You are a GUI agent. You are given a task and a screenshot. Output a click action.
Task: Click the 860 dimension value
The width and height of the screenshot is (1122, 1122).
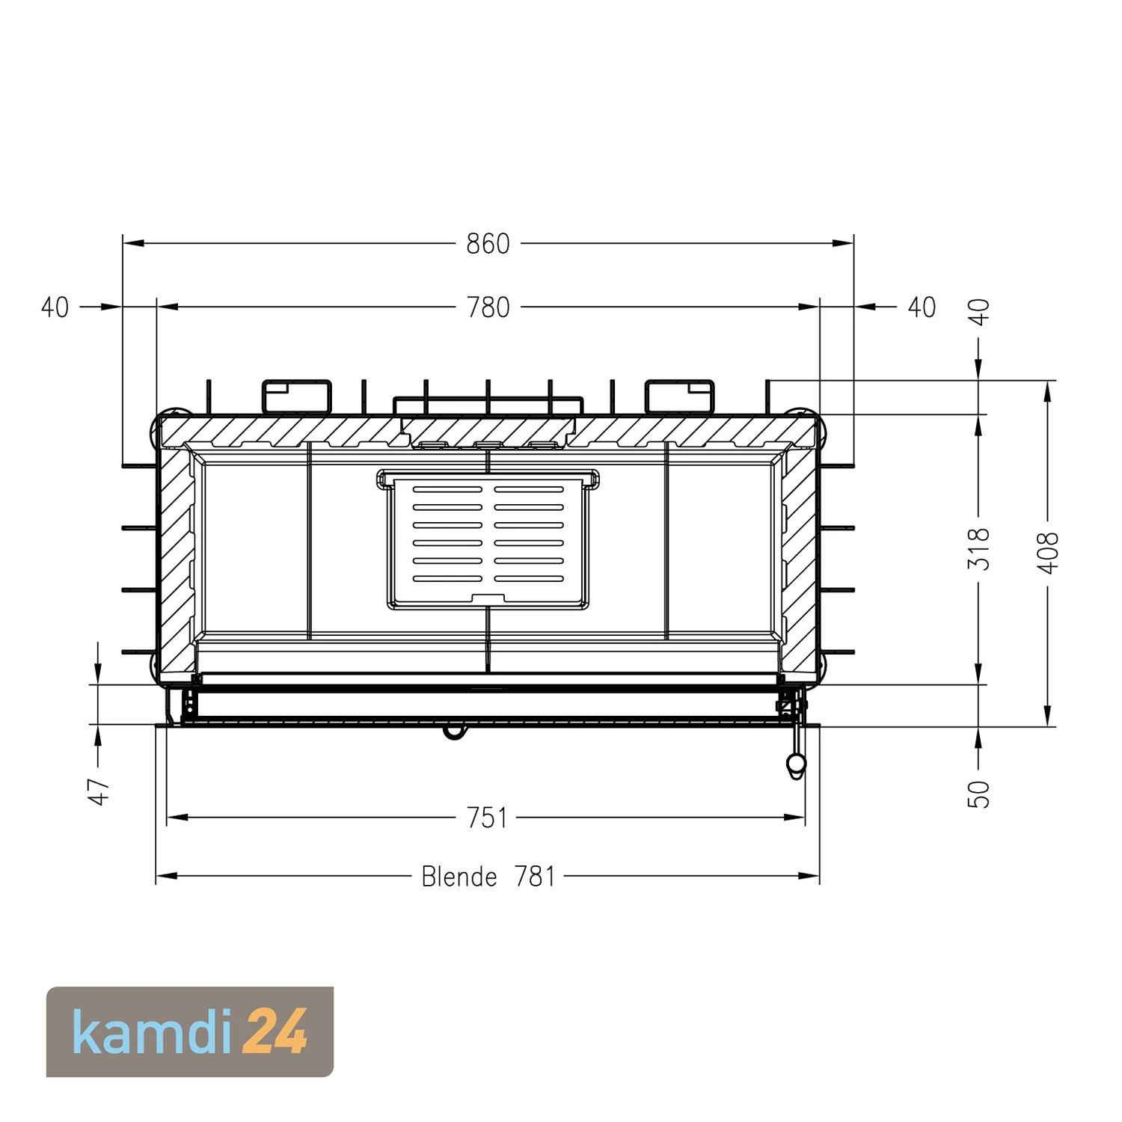pos(488,244)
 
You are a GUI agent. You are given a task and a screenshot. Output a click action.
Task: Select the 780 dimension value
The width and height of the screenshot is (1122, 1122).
pos(488,307)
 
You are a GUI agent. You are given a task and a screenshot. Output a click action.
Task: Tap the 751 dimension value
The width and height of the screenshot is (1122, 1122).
pos(488,818)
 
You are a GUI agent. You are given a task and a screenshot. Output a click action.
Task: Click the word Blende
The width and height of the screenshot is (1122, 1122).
pos(459,876)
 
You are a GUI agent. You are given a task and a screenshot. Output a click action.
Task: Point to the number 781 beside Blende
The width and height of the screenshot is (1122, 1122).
pos(535,876)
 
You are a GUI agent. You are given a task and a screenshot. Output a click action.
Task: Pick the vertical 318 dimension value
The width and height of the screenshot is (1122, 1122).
pos(980,548)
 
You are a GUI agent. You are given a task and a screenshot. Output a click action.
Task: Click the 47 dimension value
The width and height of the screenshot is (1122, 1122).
pos(100,791)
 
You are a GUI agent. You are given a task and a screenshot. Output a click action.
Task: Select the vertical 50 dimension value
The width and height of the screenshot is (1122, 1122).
pos(980,794)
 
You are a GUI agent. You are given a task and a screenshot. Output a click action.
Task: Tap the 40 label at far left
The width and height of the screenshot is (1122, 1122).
pos(55,307)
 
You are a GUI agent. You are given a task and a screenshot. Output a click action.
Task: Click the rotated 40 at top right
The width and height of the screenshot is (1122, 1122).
pos(980,311)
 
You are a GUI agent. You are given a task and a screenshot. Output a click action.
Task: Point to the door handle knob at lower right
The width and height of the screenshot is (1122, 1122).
pos(795,764)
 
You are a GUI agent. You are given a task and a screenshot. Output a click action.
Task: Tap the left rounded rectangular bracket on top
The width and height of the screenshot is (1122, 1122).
pos(296,396)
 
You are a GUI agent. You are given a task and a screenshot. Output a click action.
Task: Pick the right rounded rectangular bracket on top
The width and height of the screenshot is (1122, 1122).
pos(679,396)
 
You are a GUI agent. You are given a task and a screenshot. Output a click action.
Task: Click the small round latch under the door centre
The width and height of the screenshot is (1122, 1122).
pos(453,732)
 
